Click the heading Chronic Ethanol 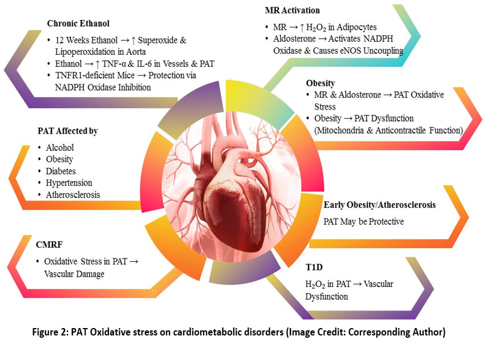coord(78,25)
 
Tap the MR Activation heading coord(292,10)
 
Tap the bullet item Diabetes coord(61,171)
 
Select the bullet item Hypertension coord(69,183)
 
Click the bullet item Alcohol coord(59,148)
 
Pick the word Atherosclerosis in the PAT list coord(73,195)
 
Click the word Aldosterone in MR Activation coord(295,39)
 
